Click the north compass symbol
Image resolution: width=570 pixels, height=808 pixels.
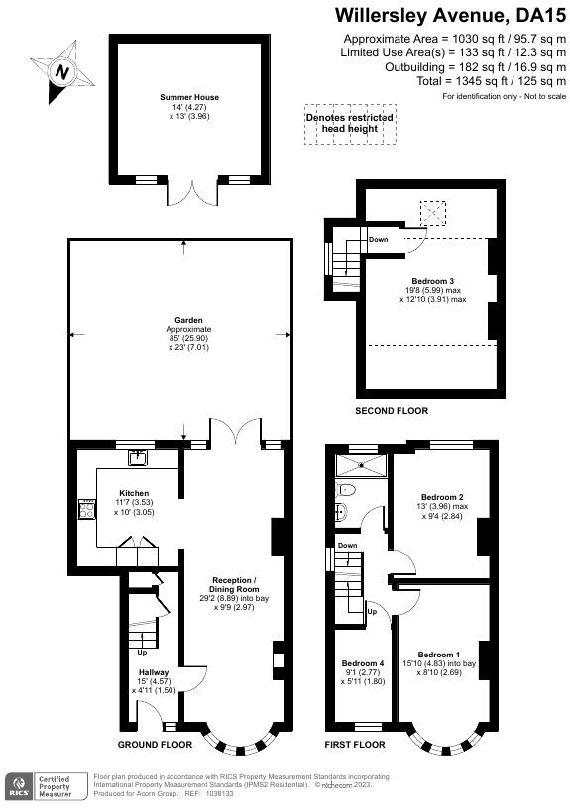point(63,72)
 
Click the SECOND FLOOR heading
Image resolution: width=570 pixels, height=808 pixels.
point(392,410)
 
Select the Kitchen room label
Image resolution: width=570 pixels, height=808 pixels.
point(134,493)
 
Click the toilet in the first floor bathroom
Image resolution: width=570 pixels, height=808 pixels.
point(345,490)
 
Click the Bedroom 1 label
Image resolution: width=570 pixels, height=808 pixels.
point(439,656)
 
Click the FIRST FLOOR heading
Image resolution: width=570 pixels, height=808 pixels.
point(355,744)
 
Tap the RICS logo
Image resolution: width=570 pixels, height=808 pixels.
point(19,787)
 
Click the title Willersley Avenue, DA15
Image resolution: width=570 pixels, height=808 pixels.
point(450,15)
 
